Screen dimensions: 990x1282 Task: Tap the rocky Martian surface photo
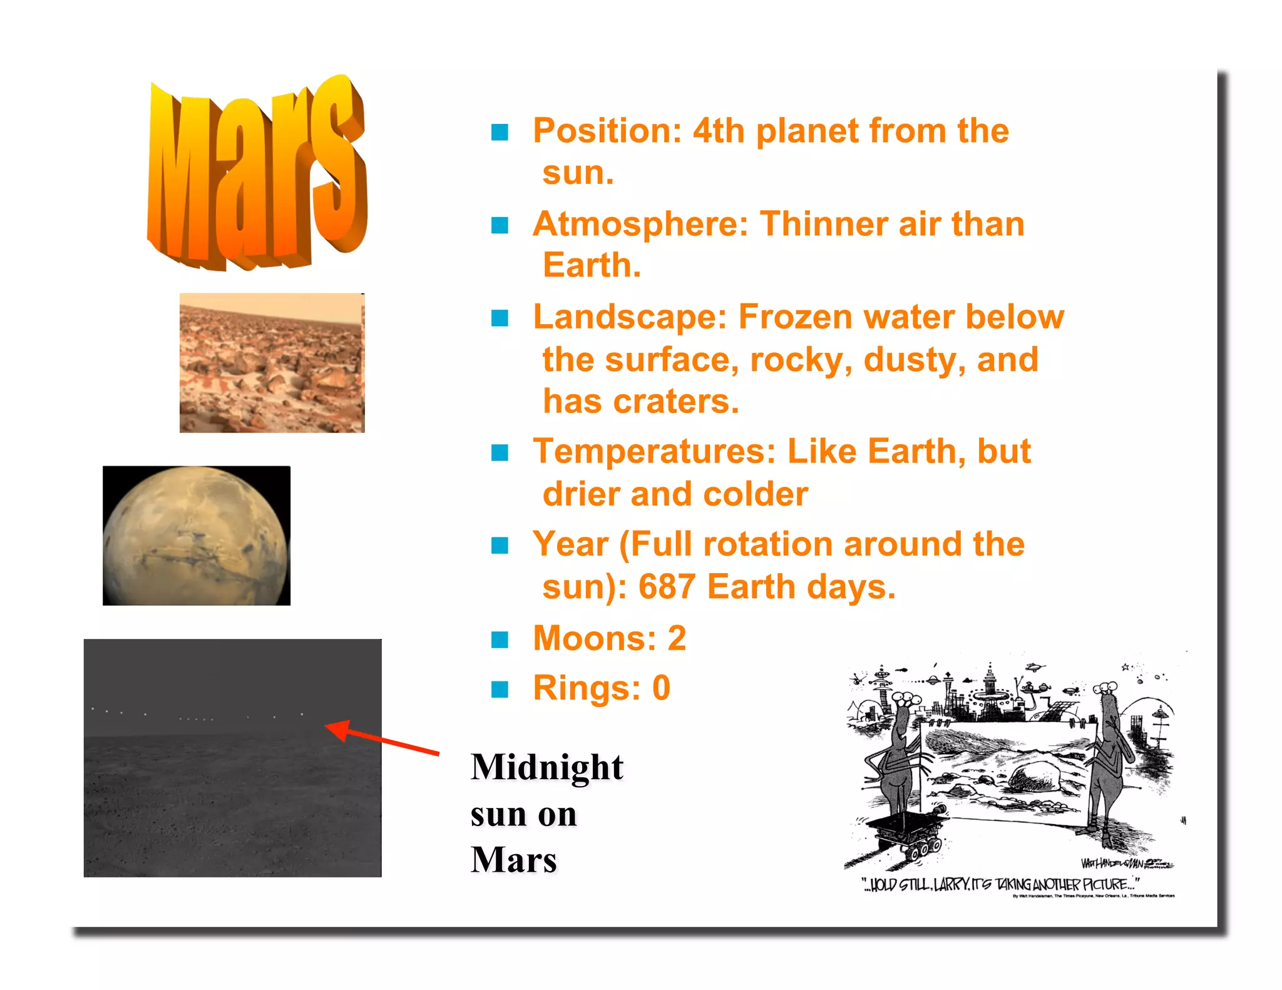272,363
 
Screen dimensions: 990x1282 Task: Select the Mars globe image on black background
196,536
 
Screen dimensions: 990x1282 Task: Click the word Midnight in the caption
547,767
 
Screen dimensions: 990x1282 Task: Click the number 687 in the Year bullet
667,587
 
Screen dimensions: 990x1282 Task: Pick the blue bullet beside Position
500,132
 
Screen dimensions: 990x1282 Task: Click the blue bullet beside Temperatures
500,452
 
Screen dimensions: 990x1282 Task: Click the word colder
756,494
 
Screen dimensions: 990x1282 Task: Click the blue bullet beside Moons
500,640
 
